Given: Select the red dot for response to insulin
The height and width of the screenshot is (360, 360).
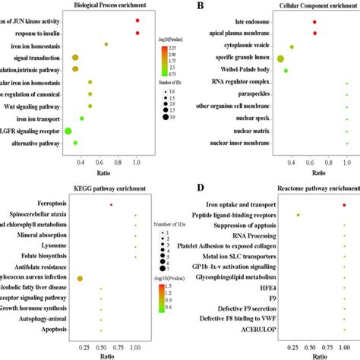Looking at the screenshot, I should pyautogui.click(x=137, y=33).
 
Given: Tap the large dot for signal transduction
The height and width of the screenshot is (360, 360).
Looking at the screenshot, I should pyautogui.click(x=75, y=58).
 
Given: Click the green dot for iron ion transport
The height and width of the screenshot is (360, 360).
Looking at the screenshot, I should pyautogui.click(x=82, y=118).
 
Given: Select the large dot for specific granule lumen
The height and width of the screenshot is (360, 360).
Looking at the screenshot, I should pyautogui.click(x=281, y=58).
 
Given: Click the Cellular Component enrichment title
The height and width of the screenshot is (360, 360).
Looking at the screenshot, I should pyautogui.click(x=297, y=5).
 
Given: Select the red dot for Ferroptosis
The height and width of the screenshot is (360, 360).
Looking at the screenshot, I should pyautogui.click(x=111, y=204).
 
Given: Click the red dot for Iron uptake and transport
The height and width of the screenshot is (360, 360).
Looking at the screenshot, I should pyautogui.click(x=343, y=204).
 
